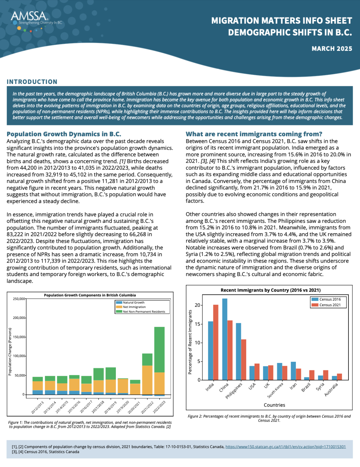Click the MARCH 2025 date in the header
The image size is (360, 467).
click(332, 49)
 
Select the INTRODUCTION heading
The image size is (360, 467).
click(32, 82)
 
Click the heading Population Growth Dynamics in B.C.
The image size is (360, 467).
click(64, 134)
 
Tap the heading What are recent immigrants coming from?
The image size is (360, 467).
click(254, 134)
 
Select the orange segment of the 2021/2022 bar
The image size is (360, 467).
click(147, 380)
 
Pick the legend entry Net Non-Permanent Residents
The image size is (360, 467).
click(144, 312)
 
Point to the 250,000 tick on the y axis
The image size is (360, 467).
click(19, 299)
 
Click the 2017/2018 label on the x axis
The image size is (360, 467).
click(98, 407)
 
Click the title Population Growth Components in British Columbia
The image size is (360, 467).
click(90, 295)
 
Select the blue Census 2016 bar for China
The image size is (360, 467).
click(225, 339)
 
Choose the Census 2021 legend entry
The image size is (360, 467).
click(330, 305)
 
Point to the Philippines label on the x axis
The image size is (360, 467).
click(234, 391)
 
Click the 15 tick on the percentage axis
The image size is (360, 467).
click(198, 324)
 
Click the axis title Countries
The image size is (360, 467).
click(274, 405)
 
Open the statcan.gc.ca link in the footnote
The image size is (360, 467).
click(285, 447)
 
